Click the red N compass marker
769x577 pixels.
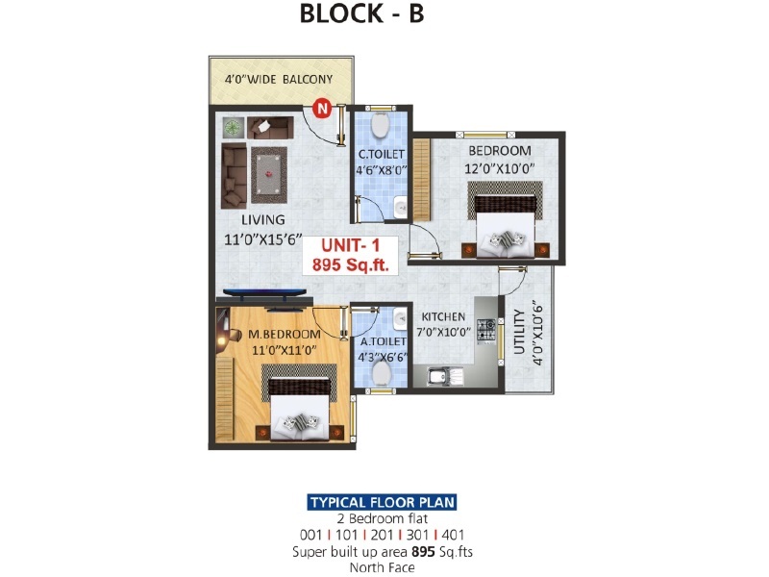pos(322,108)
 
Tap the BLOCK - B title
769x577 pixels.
pos(361,13)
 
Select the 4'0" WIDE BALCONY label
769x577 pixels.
pos(279,79)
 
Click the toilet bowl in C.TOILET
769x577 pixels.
pos(380,125)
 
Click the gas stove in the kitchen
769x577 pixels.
pos(486,330)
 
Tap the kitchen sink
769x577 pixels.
pos(445,377)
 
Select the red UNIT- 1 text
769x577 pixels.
pos(350,245)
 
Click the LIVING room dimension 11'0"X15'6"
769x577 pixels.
pos(262,238)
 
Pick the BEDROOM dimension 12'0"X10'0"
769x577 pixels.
pos(499,168)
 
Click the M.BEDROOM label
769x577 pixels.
pos(284,334)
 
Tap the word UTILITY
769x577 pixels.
pos(519,332)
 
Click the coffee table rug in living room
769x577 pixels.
pos(269,175)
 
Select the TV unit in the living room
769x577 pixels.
pos(262,296)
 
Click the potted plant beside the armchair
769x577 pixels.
pos(234,128)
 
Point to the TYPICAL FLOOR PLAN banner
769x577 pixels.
pos(382,502)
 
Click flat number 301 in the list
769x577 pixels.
pos(417,535)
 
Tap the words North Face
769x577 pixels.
pos(382,567)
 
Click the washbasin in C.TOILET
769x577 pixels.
pos(401,207)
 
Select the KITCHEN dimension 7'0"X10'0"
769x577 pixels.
pos(443,332)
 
